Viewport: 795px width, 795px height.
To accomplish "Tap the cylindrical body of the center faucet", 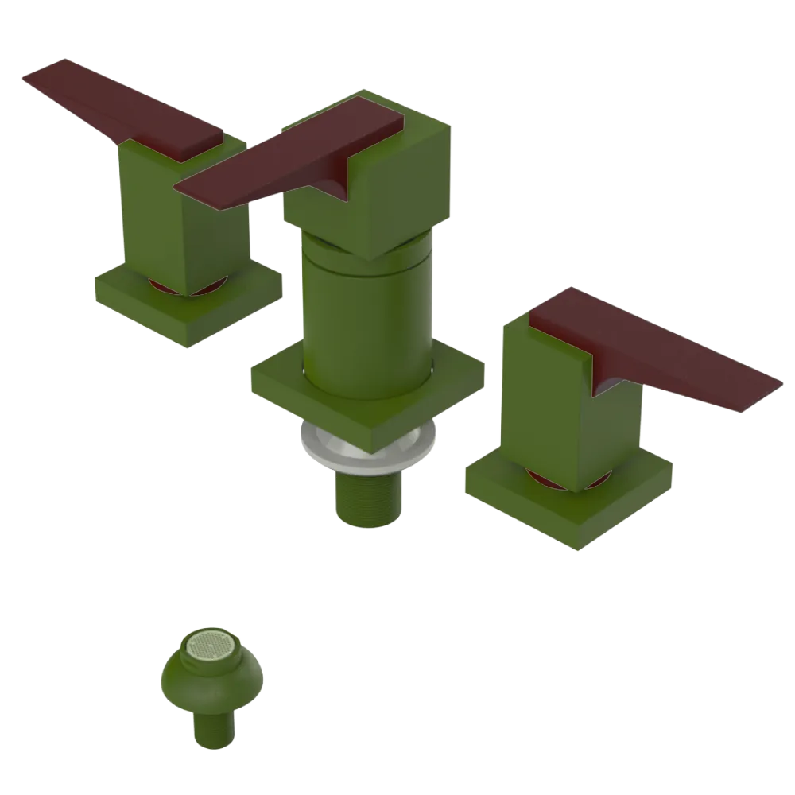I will pyautogui.click(x=366, y=318).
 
